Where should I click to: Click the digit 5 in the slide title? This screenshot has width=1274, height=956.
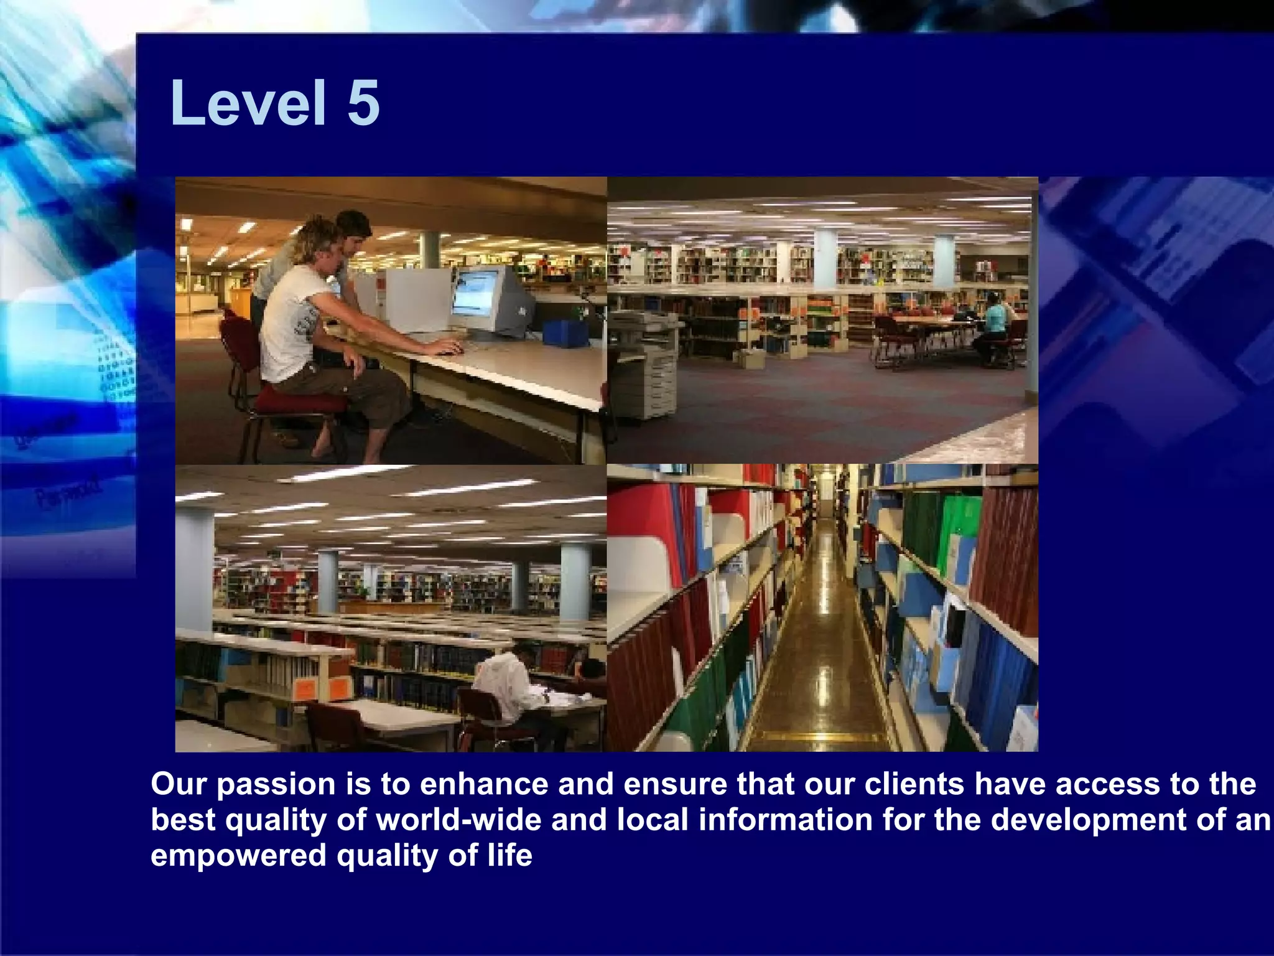[x=363, y=103]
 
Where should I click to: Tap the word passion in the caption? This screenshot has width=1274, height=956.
[x=276, y=784]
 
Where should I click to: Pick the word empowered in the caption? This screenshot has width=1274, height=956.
[x=238, y=856]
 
